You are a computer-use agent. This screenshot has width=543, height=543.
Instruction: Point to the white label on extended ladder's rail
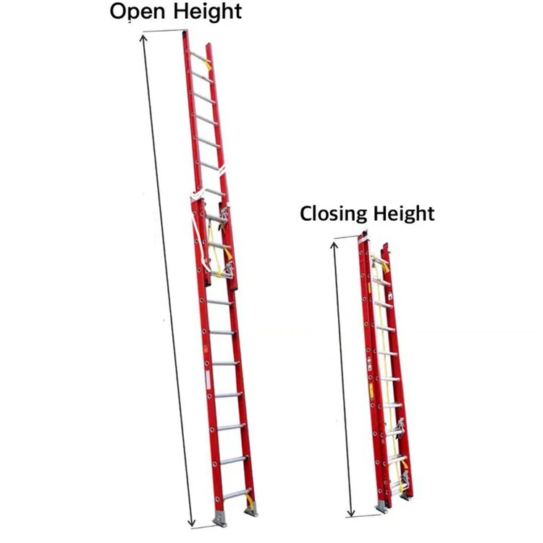tap(206, 382)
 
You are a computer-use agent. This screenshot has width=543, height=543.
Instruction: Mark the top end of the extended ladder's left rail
tap(185, 33)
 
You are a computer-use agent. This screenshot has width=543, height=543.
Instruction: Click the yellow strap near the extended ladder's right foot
tap(251, 500)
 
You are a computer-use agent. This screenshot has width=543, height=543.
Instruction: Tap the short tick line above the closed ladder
tap(347, 237)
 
